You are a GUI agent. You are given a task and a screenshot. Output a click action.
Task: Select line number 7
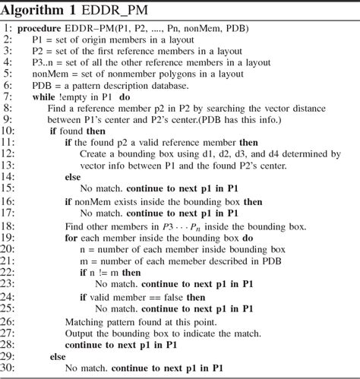10,98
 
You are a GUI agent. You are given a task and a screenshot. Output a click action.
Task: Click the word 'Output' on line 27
83,331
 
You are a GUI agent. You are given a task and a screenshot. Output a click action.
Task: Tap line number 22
10,273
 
